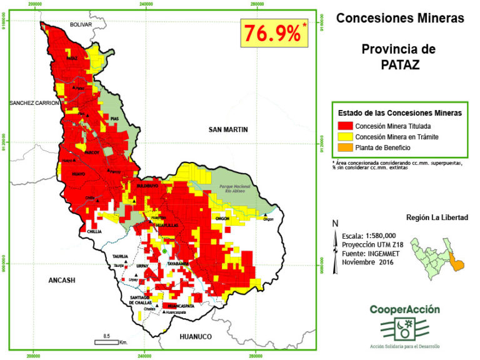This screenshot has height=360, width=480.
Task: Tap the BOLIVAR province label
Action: coord(80,24)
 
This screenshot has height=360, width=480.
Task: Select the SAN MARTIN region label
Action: coord(228,129)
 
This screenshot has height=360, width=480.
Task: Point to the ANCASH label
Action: coord(62,281)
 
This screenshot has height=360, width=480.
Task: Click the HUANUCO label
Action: coord(196,336)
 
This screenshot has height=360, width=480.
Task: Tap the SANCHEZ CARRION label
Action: coord(34,102)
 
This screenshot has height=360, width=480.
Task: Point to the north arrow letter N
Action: coord(336,224)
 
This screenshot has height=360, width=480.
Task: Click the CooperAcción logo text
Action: coord(404,309)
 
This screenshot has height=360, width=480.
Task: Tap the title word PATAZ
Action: coord(400,64)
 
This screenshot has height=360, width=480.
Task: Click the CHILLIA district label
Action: coord(94,231)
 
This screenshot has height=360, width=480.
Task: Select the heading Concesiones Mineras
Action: coord(400,18)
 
